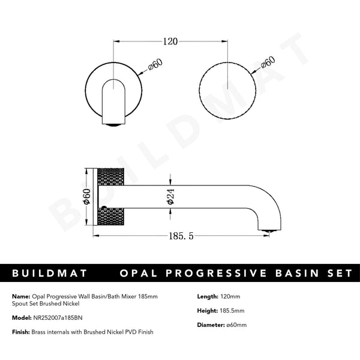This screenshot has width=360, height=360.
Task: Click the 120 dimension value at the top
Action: [170, 42]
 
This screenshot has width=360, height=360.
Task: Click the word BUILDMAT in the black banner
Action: [50, 273]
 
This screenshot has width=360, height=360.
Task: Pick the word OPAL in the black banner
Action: [140, 273]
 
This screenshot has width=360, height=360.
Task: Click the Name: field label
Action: [20, 296]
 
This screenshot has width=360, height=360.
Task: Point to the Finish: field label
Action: [22, 332]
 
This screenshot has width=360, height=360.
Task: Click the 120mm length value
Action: [227, 296]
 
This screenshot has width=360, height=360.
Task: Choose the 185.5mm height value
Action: [229, 310]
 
